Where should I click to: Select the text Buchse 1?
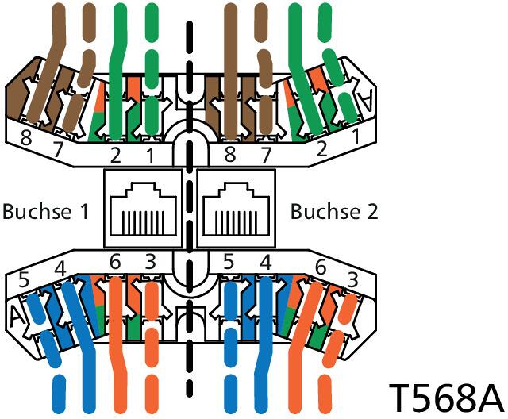click(45, 211)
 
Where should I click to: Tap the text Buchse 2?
click(334, 211)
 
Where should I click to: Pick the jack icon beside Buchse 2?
click(236, 209)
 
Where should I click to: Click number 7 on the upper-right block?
click(265, 155)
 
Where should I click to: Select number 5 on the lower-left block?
click(24, 279)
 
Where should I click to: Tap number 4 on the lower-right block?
click(266, 263)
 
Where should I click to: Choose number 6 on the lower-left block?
click(115, 262)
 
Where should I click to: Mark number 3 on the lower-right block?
click(352, 279)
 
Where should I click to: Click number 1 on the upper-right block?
click(356, 136)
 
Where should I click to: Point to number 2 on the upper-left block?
click(115, 155)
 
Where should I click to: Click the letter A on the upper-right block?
click(366, 101)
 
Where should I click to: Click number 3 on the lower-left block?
click(150, 262)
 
